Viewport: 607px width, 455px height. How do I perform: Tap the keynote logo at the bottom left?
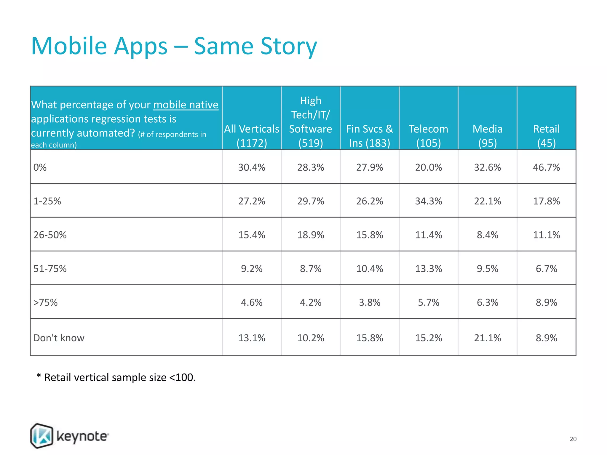[x=70, y=436]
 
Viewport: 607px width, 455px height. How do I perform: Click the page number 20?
[x=573, y=439]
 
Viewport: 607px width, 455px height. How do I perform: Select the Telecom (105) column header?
[x=428, y=136]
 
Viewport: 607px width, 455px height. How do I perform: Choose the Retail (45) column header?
[x=546, y=136]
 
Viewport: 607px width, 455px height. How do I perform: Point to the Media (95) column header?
[x=487, y=136]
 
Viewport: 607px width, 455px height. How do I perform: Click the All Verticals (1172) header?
[x=252, y=136]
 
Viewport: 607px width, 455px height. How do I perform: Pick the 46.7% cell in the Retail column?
[x=546, y=167]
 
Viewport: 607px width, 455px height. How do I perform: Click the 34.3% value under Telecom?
[x=428, y=201]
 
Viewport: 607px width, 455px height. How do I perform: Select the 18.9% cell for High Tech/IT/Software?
[x=311, y=235]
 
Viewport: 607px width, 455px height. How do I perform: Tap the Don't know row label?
[x=59, y=338]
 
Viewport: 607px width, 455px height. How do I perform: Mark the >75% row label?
[x=45, y=302]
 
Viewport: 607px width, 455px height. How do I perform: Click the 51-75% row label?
[x=50, y=269]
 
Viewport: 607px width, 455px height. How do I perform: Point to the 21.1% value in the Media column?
[x=487, y=338]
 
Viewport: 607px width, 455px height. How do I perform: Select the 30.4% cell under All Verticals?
[x=252, y=167]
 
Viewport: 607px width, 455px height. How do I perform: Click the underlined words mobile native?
[x=186, y=105]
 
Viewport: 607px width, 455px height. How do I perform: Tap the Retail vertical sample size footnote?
[x=116, y=377]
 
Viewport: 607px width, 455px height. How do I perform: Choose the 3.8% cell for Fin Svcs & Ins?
[x=369, y=302]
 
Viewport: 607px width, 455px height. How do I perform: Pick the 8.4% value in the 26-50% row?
[x=487, y=235]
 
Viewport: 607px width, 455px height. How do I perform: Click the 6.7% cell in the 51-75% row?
[x=546, y=269]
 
